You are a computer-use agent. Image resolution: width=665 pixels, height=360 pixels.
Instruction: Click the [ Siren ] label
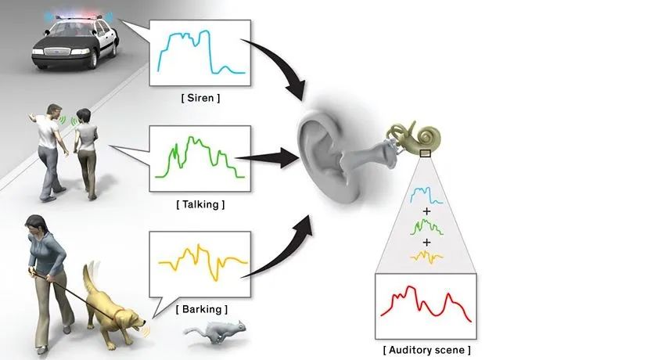[199, 99]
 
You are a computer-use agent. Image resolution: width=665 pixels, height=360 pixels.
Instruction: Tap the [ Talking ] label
[201, 204]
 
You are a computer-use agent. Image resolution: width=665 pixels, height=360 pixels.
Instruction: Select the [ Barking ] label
[203, 309]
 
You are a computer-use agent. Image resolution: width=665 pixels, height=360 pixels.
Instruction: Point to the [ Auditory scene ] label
[427, 350]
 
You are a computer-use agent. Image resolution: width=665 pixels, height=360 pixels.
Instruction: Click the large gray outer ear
[329, 153]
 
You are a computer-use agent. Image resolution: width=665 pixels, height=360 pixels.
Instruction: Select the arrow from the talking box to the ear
[270, 157]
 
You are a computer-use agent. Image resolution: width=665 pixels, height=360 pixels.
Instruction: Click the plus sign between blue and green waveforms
[427, 211]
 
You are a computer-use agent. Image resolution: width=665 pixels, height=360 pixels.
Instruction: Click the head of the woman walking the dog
[35, 228]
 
